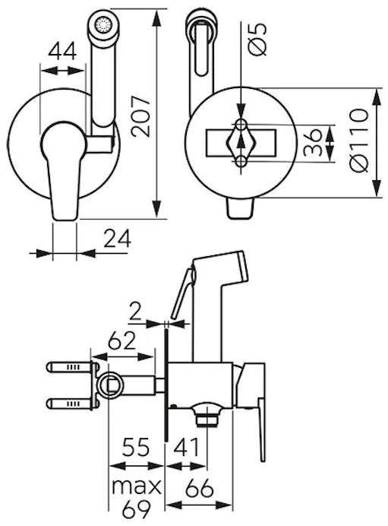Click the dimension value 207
point(140,116)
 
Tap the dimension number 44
point(63,52)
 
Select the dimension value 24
point(117,239)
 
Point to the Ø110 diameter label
point(358,140)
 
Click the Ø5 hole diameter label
point(257,40)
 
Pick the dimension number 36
point(313,143)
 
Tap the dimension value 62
point(121,341)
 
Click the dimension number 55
point(136,447)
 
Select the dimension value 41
point(186,447)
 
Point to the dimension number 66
point(200,488)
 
